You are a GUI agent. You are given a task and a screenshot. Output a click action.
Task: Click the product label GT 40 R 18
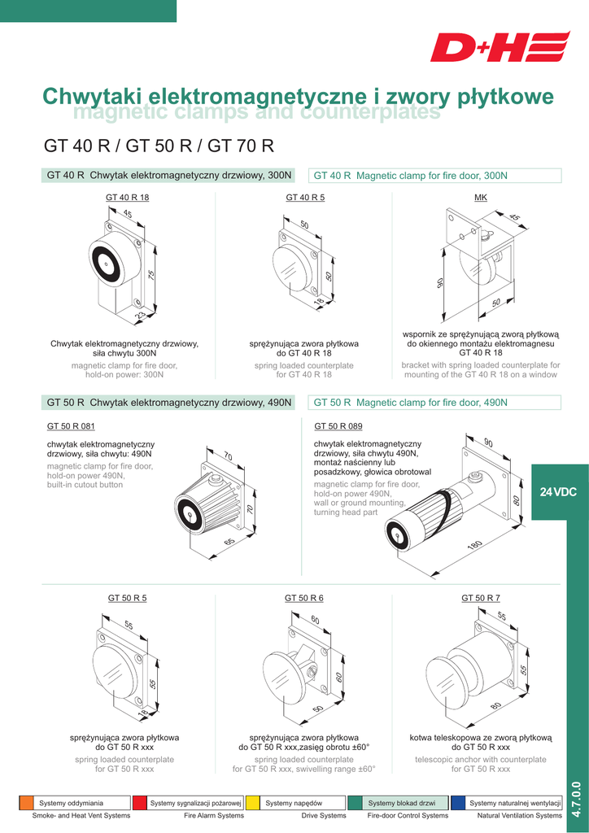tap(128, 198)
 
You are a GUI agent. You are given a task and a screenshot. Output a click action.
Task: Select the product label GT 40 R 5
tap(305, 198)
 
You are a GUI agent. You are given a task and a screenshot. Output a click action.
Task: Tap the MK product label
tap(480, 198)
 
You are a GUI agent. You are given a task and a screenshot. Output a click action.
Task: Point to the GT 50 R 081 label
tap(71, 426)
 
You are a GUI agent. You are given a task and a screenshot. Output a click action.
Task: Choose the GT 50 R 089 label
tap(338, 426)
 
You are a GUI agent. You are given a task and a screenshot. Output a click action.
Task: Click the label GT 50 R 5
tap(128, 598)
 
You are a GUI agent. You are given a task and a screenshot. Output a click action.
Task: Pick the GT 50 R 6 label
tap(304, 598)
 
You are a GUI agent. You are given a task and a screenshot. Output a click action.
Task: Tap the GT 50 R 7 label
tap(481, 598)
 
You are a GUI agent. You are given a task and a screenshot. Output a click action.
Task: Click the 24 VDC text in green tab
tap(558, 492)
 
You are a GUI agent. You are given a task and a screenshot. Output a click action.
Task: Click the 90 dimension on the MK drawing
tap(439, 282)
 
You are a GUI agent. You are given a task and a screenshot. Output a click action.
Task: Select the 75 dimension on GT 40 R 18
tap(151, 277)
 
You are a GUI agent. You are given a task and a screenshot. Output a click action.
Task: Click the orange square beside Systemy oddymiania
tap(26, 803)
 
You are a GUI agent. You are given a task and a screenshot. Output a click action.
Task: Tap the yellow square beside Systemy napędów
tap(253, 803)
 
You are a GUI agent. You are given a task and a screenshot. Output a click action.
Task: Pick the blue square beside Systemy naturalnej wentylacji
tap(458, 803)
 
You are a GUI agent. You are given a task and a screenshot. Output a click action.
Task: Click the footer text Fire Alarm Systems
tap(214, 815)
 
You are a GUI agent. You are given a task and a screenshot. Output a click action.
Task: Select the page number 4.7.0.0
tap(577, 799)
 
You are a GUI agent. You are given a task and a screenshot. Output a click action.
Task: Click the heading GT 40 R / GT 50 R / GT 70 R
tap(159, 147)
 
